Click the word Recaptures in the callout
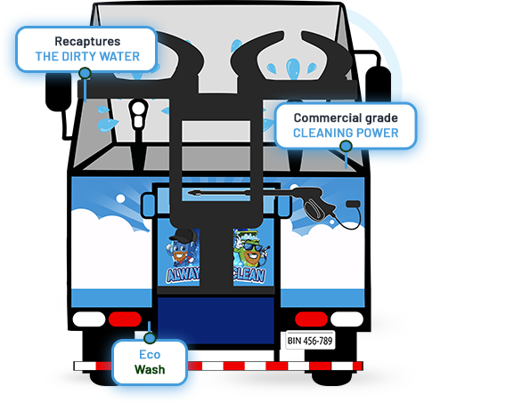tap(86, 41)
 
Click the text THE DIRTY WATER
tap(86, 57)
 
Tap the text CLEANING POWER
tap(346, 134)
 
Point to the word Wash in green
tap(150, 367)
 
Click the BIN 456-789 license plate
tap(311, 340)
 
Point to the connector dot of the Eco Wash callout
tap(151, 338)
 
